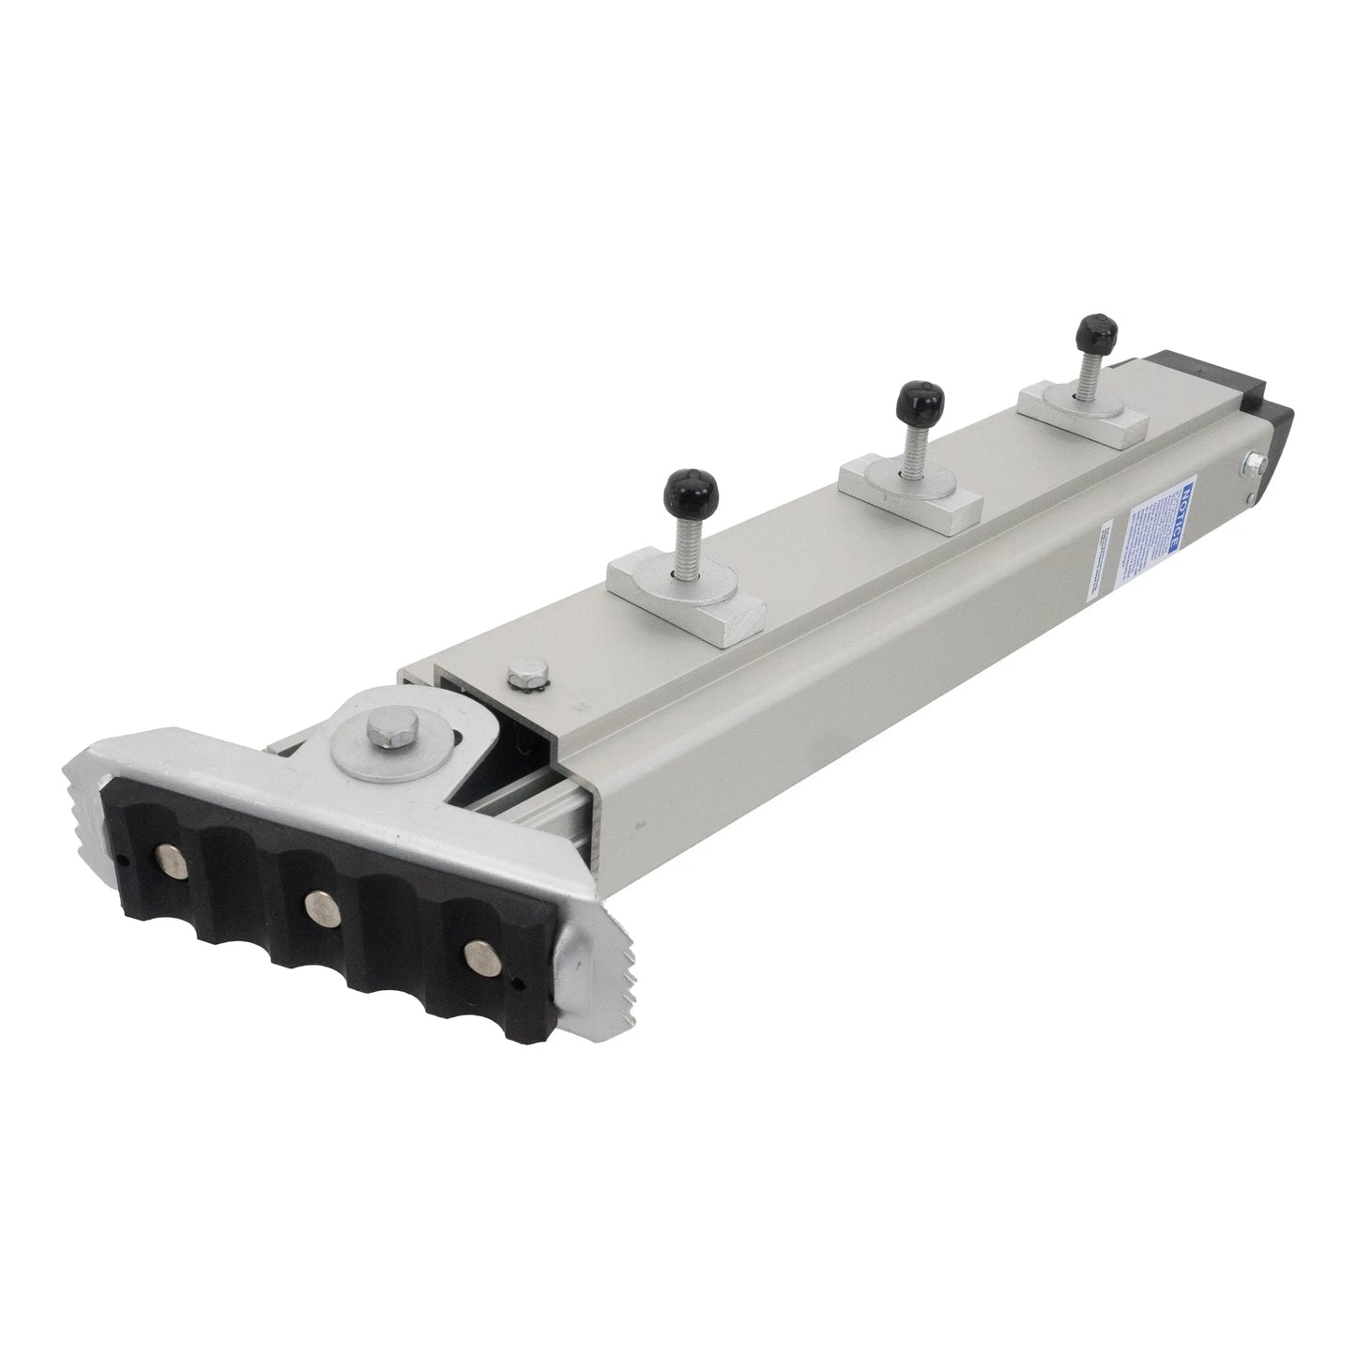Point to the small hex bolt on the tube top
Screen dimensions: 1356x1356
(517, 672)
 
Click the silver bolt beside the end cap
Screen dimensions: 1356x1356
(1252, 464)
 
